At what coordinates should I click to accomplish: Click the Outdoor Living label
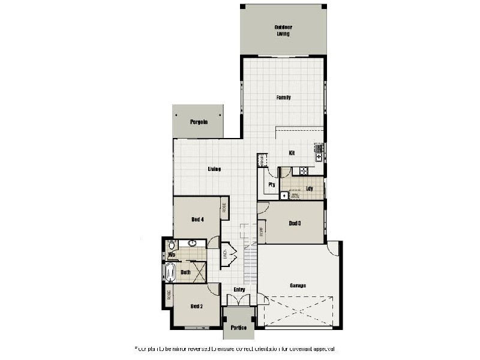[x=283, y=31]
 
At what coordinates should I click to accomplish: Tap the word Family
[x=284, y=97]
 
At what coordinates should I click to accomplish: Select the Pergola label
[x=199, y=122]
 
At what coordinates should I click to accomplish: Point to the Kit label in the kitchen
[x=292, y=152]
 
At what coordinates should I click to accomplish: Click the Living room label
[x=214, y=169]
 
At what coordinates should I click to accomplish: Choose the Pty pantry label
[x=271, y=185]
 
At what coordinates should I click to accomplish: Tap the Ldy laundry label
[x=309, y=189]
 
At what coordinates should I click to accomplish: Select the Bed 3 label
[x=295, y=223]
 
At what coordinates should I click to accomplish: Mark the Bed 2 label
[x=197, y=307]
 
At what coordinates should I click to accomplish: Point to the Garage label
[x=298, y=286]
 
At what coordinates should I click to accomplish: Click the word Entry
[x=239, y=290]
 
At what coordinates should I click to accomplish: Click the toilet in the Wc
[x=172, y=244]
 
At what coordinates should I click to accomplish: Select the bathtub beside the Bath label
[x=170, y=272]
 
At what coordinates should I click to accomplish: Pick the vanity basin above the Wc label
[x=192, y=244]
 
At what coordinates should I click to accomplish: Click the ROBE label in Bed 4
[x=224, y=209]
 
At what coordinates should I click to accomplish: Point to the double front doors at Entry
[x=239, y=301]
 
